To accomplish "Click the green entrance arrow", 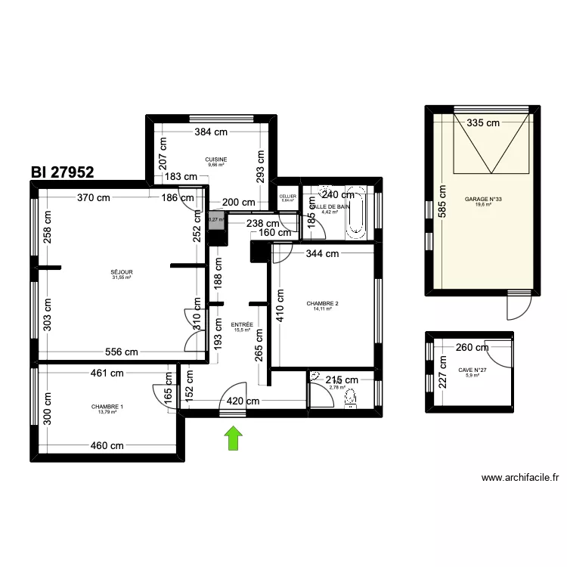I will tap(234, 438).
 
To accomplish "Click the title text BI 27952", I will tap(63, 172).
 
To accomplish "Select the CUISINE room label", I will tap(216, 160).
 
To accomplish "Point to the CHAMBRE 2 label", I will tap(322, 304).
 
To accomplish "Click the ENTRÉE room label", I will tap(243, 325).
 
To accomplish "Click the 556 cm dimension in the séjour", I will tap(121, 352).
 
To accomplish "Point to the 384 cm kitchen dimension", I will tap(211, 132).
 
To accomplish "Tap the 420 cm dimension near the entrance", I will tap(246, 402).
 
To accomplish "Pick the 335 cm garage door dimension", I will tap(483, 122).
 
